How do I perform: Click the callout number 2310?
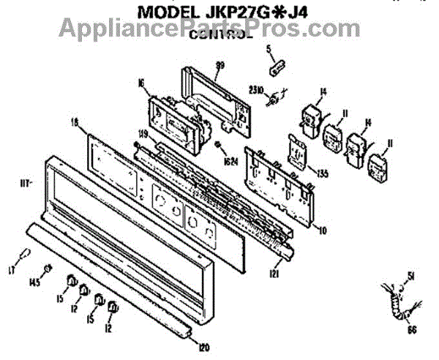[x=256, y=91]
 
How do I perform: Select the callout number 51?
[x=410, y=276]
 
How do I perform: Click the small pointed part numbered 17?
[x=25, y=255]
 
